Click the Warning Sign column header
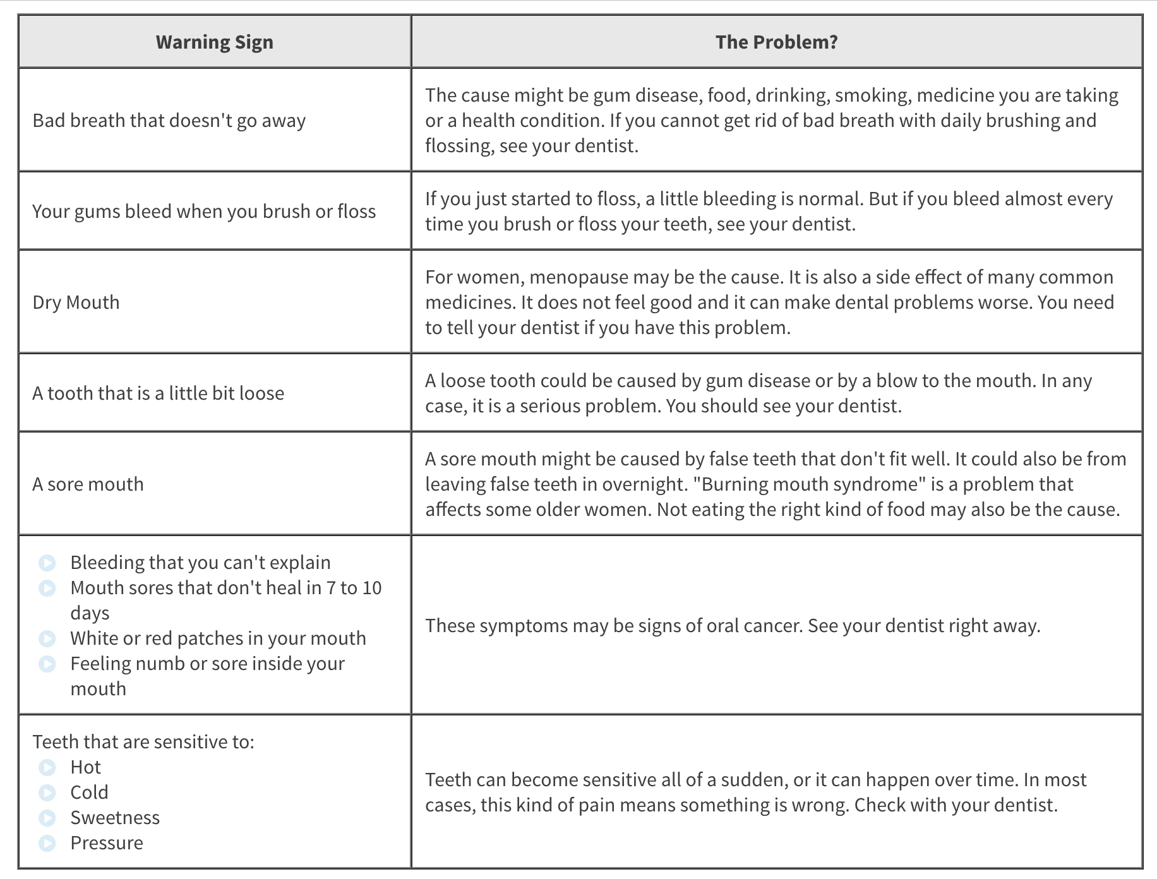(215, 42)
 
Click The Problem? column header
(776, 42)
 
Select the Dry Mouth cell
(76, 302)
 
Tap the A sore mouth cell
(88, 484)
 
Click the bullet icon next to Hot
(47, 767)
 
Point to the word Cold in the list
(89, 792)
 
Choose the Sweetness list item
(115, 818)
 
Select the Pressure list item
(107, 843)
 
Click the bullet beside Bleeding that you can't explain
(47, 563)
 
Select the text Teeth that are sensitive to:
(143, 742)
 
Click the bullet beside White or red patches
(47, 638)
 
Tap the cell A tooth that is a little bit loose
(159, 393)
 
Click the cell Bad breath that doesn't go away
(169, 121)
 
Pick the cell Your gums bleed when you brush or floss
(204, 212)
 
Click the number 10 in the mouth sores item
(372, 588)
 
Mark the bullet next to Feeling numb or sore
(47, 664)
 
